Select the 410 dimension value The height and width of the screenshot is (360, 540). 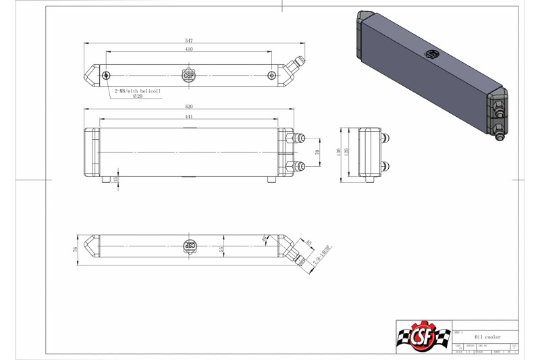pyautogui.click(x=188, y=50)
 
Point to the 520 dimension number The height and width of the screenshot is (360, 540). pyautogui.click(x=188, y=107)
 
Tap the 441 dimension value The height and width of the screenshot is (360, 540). pyautogui.click(x=188, y=117)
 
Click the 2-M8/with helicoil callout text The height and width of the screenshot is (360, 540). pyautogui.click(x=138, y=90)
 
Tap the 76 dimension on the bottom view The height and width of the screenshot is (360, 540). pyautogui.click(x=76, y=249)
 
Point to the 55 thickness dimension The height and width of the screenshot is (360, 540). pyautogui.click(x=221, y=249)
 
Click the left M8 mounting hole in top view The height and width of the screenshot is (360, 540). pyautogui.click(x=106, y=75)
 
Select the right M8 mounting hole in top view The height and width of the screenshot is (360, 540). pyautogui.click(x=271, y=75)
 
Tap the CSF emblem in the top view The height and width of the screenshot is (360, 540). pyautogui.click(x=189, y=75)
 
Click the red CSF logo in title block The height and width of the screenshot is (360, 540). pyautogui.click(x=423, y=336)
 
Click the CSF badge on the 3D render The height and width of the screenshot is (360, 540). pyautogui.click(x=431, y=53)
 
